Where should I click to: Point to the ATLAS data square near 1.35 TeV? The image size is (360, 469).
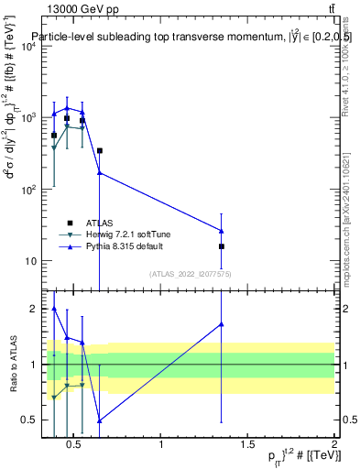(222, 246)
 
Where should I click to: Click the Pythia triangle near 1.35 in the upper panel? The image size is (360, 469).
(222, 230)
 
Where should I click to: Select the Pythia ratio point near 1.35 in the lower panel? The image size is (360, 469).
(222, 323)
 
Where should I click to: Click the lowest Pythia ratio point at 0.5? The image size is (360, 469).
(99, 420)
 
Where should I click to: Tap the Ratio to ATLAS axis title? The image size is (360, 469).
(12, 365)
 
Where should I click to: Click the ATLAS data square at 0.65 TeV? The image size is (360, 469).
(99, 151)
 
